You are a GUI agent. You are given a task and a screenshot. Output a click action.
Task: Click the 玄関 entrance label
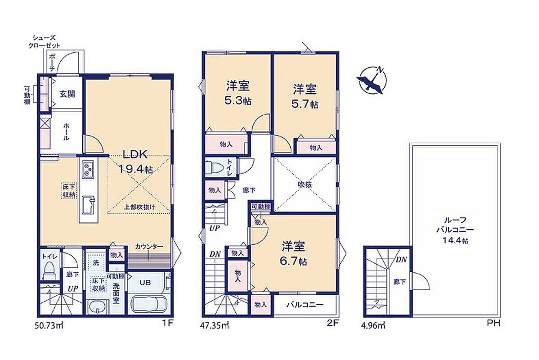(67, 94)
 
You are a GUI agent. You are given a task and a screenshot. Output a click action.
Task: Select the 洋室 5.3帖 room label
(238, 93)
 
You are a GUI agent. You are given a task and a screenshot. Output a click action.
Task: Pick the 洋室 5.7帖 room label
(305, 96)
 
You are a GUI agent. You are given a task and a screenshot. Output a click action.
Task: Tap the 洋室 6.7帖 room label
(293, 253)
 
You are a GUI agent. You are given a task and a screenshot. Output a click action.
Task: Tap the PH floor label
(493, 324)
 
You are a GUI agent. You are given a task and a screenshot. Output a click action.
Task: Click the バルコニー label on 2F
(305, 305)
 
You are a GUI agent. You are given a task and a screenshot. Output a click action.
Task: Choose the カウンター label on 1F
(149, 247)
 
